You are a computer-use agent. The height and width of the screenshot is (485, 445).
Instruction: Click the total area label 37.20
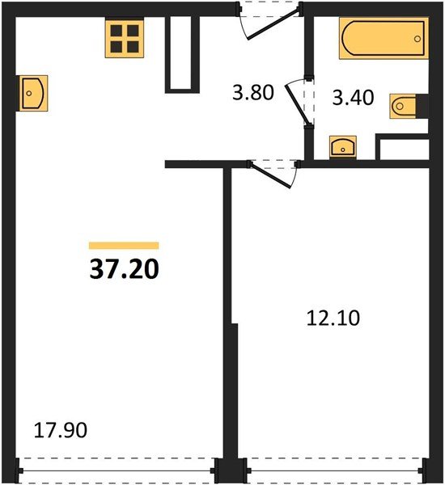click(124, 269)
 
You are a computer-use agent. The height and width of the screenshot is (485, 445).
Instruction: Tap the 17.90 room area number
click(61, 431)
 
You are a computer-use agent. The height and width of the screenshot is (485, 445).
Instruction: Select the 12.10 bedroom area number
click(333, 318)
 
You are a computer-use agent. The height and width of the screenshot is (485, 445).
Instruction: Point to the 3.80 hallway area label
click(253, 93)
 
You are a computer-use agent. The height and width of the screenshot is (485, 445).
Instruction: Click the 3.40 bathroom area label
click(353, 98)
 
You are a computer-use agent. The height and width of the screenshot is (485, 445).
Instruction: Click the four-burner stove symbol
click(125, 38)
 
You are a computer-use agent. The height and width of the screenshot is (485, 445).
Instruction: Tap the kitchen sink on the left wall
click(33, 93)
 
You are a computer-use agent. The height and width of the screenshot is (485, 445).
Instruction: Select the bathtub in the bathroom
click(384, 38)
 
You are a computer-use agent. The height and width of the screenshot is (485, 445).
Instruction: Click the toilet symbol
click(403, 106)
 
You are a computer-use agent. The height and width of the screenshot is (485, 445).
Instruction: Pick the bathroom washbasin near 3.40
click(343, 147)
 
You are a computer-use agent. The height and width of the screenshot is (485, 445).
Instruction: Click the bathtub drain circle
click(417, 39)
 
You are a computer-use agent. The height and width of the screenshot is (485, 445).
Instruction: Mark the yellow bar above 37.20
click(124, 246)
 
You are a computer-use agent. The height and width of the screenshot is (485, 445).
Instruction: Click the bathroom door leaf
click(298, 103)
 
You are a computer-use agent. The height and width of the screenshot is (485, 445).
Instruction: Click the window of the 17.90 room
click(117, 471)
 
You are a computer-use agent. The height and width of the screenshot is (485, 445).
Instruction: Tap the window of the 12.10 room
click(336, 471)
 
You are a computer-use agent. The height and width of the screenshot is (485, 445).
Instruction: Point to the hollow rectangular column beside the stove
click(182, 54)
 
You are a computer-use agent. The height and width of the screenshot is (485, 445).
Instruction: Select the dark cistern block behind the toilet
click(422, 106)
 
